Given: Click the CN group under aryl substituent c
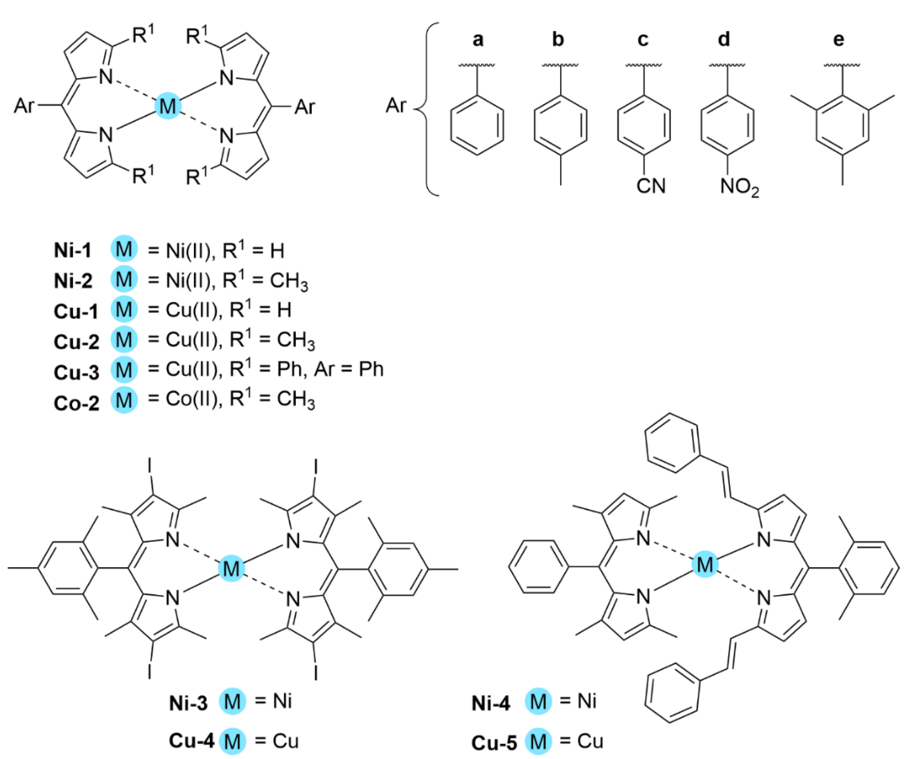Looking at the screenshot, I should tap(651, 186).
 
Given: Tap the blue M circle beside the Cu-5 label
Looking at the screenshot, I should tap(538, 741).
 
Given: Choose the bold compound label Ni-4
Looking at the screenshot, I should tap(491, 704).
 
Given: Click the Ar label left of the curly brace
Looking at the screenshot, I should tap(395, 105).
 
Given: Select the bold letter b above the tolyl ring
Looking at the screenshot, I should tap(558, 39).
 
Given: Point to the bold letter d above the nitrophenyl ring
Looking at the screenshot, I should tap(724, 39).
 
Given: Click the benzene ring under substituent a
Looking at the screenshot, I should tap(477, 125).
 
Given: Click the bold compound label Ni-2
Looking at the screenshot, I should tap(73, 281).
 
